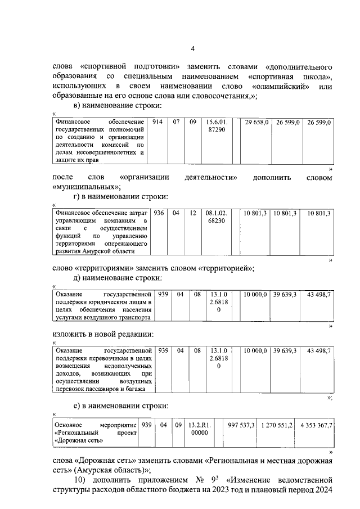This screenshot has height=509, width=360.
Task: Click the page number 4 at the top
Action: tap(192, 49)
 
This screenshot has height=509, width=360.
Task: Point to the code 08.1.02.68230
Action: tap(217, 218)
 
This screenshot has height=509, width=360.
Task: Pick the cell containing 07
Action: tap(176, 122)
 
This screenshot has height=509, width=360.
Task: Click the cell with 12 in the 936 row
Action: tap(192, 214)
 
